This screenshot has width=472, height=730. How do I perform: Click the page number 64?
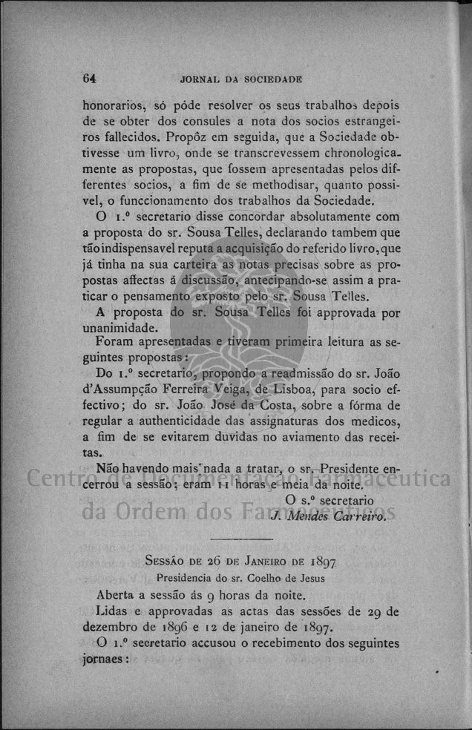[x=91, y=78]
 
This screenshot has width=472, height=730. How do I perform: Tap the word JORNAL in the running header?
[x=198, y=79]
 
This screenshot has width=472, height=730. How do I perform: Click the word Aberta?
[x=117, y=594]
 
